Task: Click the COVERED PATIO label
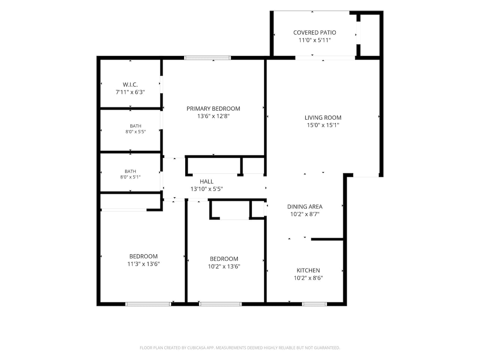point(315,33)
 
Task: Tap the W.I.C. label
point(130,85)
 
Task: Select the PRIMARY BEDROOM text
point(213,109)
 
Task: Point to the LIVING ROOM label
point(323,118)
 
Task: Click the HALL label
point(206,181)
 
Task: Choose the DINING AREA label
point(304,207)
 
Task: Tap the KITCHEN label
point(308,270)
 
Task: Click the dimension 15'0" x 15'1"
point(323,125)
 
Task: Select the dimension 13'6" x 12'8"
point(213,116)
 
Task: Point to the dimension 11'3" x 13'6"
point(144,264)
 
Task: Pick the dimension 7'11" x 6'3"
point(130,92)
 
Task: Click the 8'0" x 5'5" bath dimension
point(135,132)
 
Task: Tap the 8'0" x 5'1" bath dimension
point(130,177)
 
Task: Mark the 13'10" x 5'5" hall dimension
point(206,189)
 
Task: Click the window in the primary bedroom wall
point(207,58)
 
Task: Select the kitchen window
point(314,304)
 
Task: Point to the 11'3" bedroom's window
point(148,304)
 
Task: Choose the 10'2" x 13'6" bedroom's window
point(220,304)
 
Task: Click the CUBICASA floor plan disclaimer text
point(240,348)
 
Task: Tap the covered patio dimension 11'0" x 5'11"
point(315,40)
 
